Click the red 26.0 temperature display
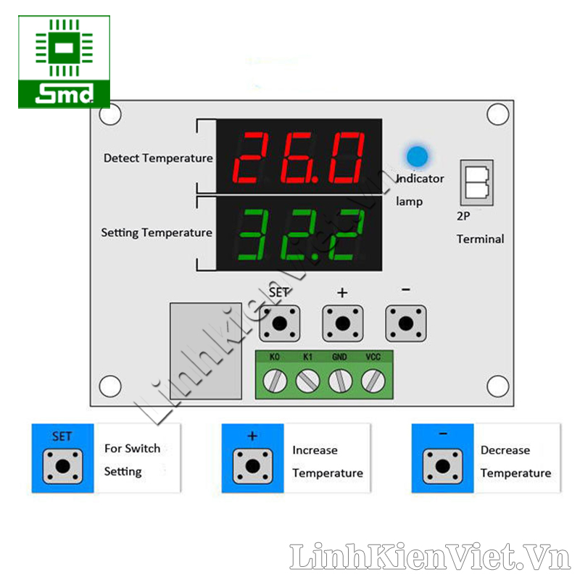click(299, 157)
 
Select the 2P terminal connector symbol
click(476, 182)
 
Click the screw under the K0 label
click(275, 380)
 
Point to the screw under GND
click(340, 380)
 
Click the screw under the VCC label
click(373, 380)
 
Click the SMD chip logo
click(64, 62)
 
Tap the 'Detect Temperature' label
click(158, 158)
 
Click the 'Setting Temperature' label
click(157, 233)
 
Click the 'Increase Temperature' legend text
click(327, 462)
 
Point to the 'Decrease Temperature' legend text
click(515, 462)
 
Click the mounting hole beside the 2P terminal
click(497, 115)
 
